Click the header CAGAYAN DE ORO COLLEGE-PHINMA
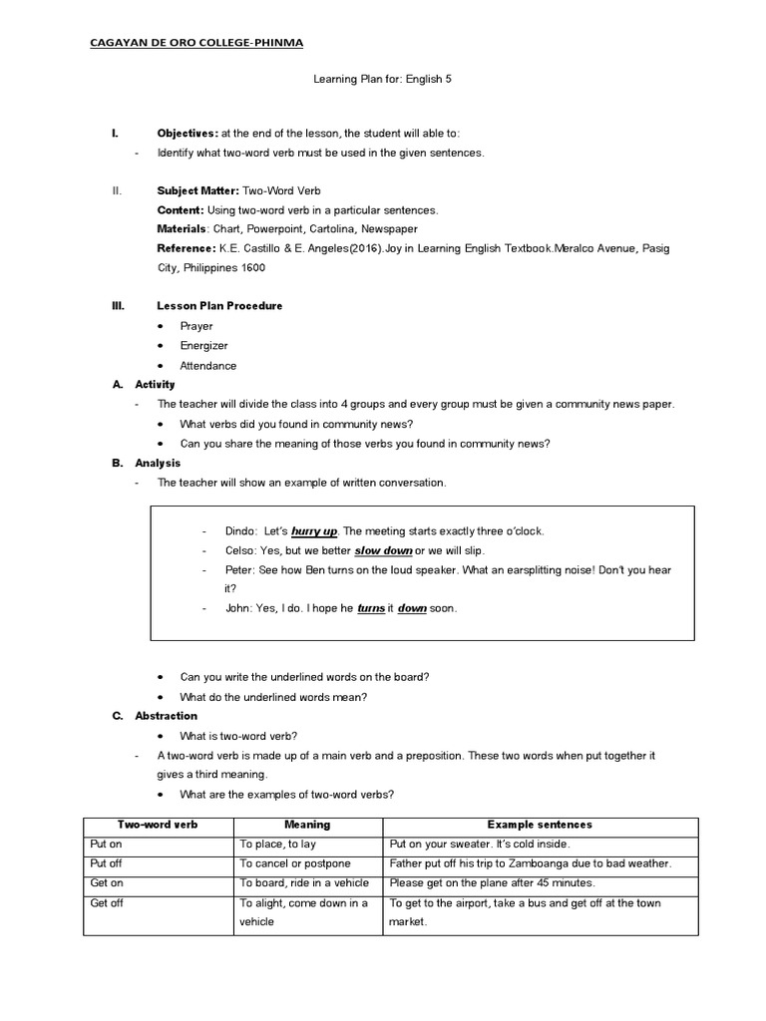197,43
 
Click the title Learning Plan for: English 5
383,90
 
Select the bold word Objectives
187,134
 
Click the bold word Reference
186,248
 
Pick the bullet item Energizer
203,346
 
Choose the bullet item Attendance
207,366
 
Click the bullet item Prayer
196,326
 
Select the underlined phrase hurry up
313,531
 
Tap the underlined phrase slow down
384,550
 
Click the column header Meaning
307,825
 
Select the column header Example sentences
540,825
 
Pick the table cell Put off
106,862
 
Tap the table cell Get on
106,882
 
